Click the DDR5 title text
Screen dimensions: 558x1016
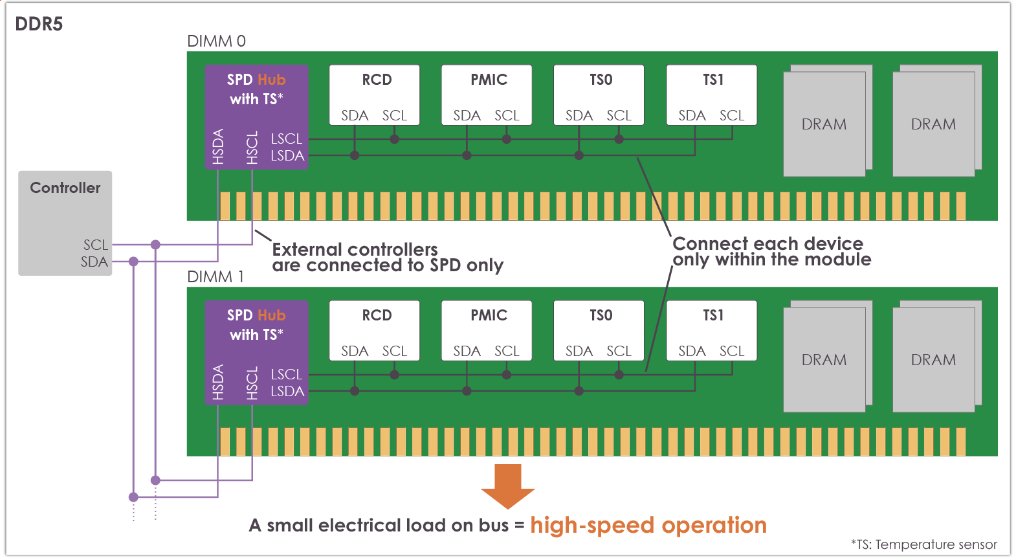39,24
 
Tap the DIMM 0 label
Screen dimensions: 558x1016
216,41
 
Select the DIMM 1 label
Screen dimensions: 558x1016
215,277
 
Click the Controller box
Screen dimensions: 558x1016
65,214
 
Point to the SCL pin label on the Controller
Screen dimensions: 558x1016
95,245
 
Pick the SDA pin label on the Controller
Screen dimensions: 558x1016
94,262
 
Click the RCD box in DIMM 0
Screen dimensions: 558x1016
375,95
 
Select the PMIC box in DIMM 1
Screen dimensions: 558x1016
487,330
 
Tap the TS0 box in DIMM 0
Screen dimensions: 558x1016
599,95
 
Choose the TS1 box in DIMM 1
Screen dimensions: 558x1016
712,330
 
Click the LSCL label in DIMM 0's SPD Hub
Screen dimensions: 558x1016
286,139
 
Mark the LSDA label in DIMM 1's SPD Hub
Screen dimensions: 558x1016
287,391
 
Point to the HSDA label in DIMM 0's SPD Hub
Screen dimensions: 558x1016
218,146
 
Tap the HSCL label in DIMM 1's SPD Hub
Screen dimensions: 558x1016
252,383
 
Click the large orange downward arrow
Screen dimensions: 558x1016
508,485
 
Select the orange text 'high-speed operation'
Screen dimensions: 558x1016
648,525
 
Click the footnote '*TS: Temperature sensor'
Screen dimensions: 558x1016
923,544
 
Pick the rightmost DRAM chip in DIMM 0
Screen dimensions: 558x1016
934,124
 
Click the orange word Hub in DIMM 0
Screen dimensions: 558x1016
271,80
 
